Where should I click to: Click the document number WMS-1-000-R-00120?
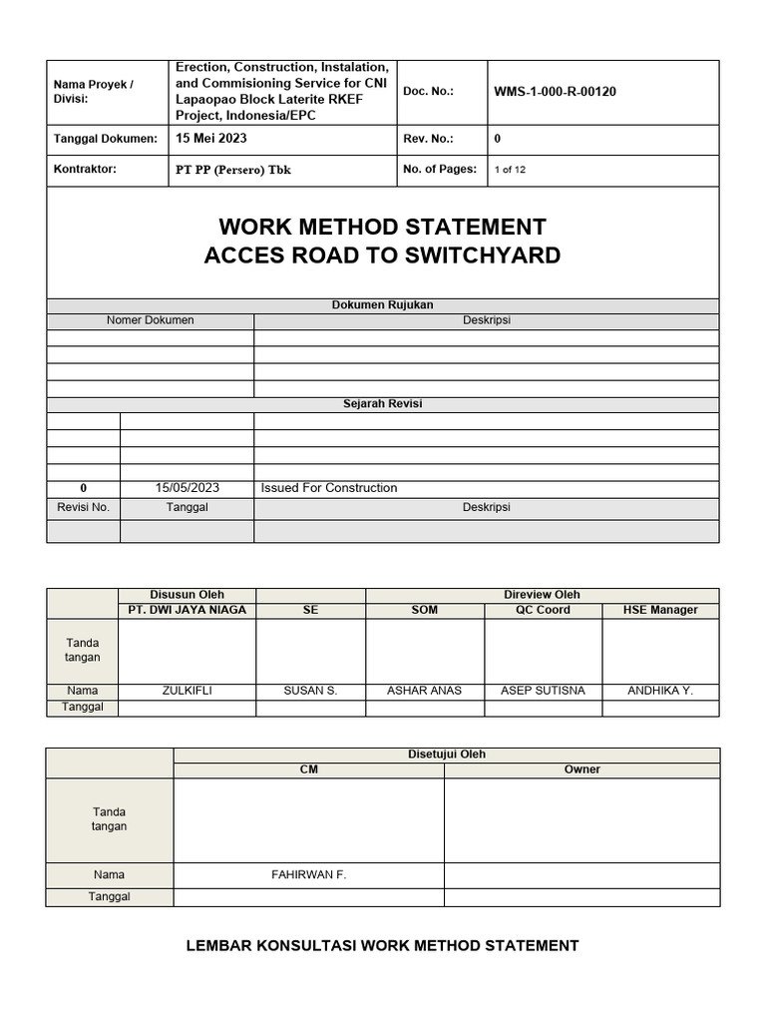point(555,92)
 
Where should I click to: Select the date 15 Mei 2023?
point(211,139)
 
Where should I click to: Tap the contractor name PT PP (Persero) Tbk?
point(233,170)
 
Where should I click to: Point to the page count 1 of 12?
point(510,170)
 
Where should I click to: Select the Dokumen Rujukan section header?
point(382,305)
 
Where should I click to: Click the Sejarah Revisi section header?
point(382,404)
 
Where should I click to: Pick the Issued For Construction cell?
point(329,488)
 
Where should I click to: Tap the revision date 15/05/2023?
point(187,488)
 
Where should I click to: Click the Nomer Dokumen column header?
point(150,320)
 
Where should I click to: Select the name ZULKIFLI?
point(187,691)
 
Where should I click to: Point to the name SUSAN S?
point(310,691)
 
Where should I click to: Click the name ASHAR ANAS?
point(424,691)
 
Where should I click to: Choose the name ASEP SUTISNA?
point(543,691)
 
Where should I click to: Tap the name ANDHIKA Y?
point(660,691)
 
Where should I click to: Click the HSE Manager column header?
point(660,610)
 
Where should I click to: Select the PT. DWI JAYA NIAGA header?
point(187,610)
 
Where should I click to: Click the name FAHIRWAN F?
point(308,875)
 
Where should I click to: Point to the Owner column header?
point(581,769)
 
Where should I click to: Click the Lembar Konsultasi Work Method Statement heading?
point(382,945)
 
